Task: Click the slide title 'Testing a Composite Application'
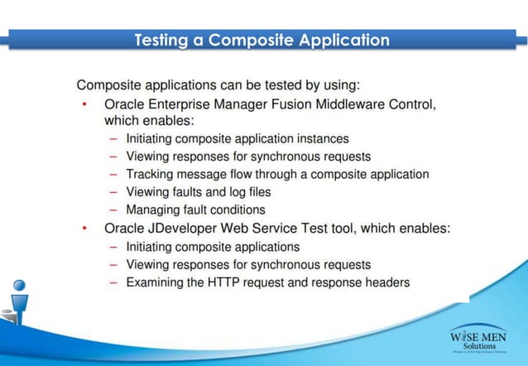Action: pos(262,40)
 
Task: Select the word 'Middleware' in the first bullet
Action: pos(357,104)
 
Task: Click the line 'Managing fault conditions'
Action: pos(195,210)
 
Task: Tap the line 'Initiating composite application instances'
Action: pos(237,139)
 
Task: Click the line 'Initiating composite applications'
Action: pos(213,247)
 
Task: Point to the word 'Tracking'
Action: pos(150,175)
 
